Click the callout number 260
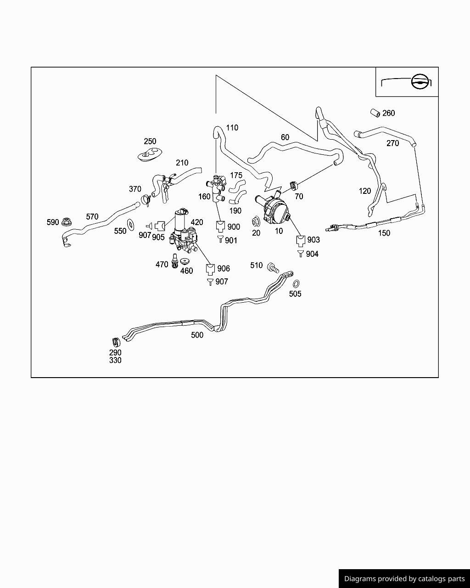[388, 113]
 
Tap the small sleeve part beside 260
[375, 113]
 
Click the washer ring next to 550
[131, 225]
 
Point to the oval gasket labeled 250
[150, 155]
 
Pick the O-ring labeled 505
[296, 284]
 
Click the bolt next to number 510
[273, 268]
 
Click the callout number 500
[197, 335]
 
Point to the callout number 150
[384, 233]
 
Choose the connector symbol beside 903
[301, 241]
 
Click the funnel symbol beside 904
[301, 253]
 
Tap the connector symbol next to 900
[220, 226]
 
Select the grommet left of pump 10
[256, 221]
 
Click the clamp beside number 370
[146, 199]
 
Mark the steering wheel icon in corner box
[419, 81]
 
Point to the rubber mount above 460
[185, 261]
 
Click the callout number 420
[196, 222]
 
